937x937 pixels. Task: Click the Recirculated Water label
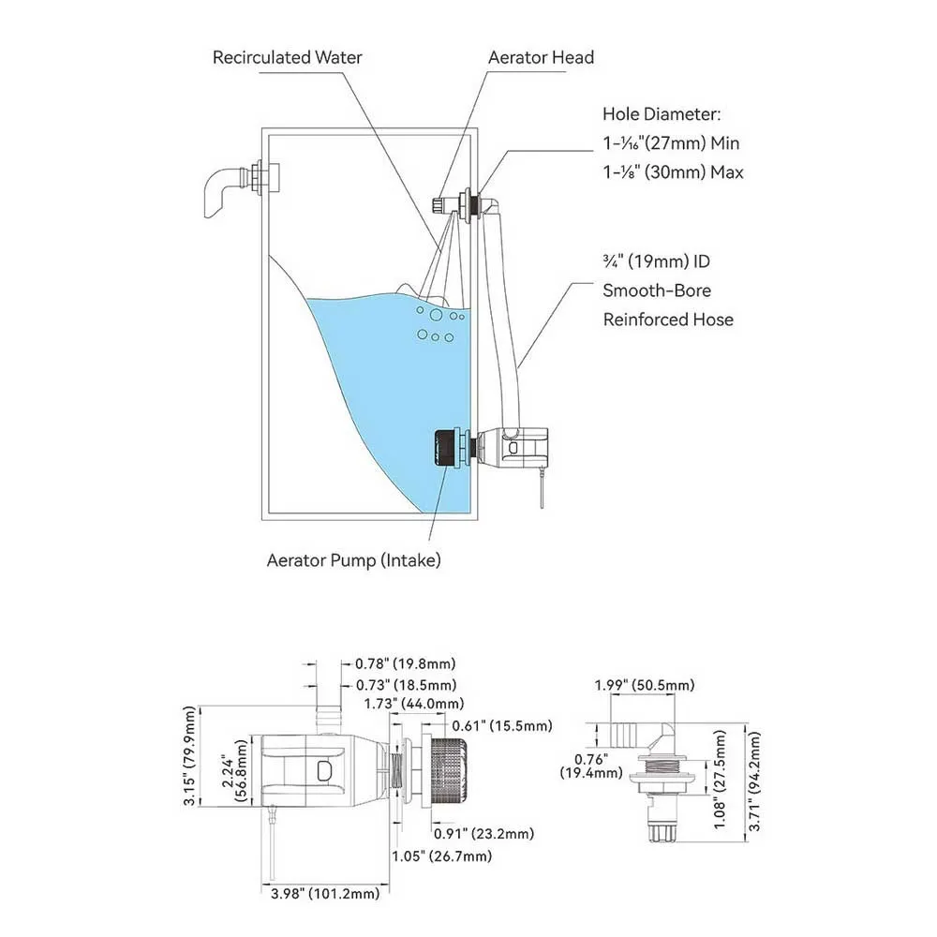click(x=288, y=57)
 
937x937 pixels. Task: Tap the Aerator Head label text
click(x=541, y=57)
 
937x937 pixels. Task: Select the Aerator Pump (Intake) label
click(x=354, y=560)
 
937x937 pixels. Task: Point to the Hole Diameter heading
click(x=662, y=114)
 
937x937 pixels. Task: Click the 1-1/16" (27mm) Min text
click(x=671, y=143)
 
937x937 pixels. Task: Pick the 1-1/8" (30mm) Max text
click(x=674, y=172)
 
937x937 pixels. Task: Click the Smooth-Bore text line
click(x=657, y=290)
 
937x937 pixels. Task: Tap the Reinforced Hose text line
click(x=668, y=320)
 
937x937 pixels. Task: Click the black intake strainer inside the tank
click(x=444, y=448)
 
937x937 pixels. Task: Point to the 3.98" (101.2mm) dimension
click(x=325, y=893)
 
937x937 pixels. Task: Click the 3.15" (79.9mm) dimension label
click(x=190, y=756)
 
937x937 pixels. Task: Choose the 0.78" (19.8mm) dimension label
click(x=405, y=664)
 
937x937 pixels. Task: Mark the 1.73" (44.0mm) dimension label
click(x=414, y=704)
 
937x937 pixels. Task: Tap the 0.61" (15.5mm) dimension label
click(x=502, y=726)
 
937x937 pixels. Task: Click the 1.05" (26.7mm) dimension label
click(x=441, y=856)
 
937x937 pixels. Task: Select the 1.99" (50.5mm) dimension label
click(x=645, y=686)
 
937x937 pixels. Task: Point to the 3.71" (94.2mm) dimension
click(x=754, y=781)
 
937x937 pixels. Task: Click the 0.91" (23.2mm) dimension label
click(x=483, y=834)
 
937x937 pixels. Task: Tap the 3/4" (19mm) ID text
click(x=656, y=261)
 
